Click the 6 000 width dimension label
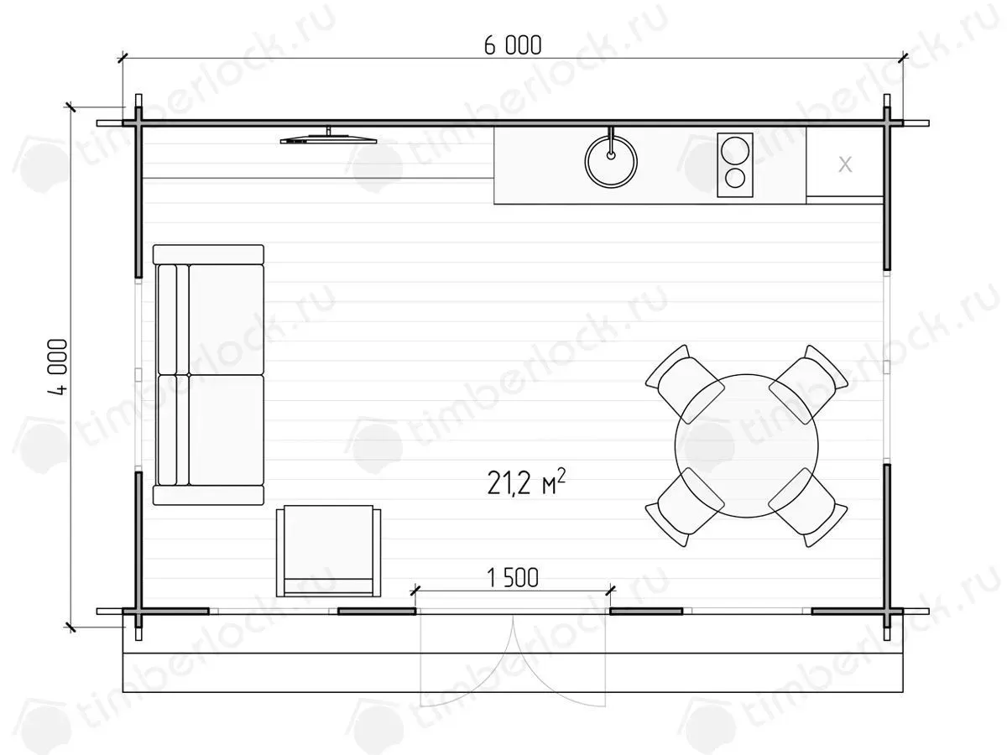[513, 45]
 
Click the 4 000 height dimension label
[58, 367]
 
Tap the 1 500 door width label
[513, 578]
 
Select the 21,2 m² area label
[526, 482]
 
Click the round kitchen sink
[611, 161]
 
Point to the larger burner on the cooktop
[735, 150]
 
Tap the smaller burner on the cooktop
[735, 179]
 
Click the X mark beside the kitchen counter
[845, 164]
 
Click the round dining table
[746, 445]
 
